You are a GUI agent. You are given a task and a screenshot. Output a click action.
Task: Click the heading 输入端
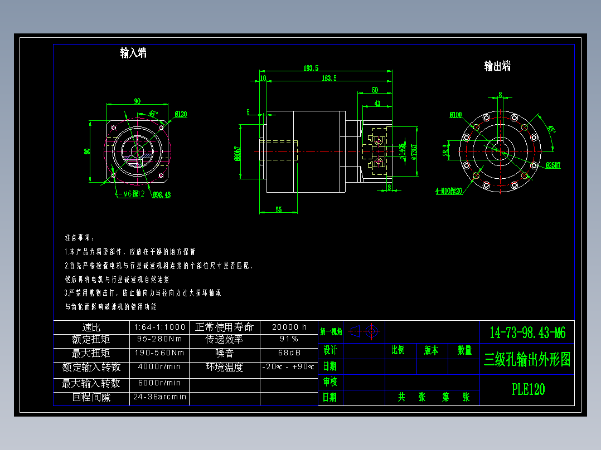(134, 53)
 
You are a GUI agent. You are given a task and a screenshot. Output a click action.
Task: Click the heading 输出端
(497, 66)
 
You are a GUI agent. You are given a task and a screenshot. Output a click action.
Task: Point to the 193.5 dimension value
(311, 68)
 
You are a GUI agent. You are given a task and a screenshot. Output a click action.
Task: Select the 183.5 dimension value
(329, 78)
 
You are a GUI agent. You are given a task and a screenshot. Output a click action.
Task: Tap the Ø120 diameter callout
(181, 114)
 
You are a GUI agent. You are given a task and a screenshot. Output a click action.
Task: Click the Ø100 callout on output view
(455, 115)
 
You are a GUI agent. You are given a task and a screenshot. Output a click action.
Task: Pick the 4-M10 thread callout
(449, 190)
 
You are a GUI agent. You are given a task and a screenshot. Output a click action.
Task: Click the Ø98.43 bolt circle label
(162, 194)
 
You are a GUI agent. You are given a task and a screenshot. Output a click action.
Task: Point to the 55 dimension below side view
(279, 209)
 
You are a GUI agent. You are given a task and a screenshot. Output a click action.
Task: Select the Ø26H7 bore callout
(553, 165)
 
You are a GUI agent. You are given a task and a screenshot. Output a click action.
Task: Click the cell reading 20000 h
(289, 327)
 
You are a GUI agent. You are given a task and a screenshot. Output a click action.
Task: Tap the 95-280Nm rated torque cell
(159, 339)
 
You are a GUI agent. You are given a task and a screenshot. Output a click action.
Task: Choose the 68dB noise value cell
(289, 353)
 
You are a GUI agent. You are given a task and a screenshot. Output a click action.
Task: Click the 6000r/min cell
(159, 383)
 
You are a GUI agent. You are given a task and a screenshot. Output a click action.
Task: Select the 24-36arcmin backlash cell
(159, 398)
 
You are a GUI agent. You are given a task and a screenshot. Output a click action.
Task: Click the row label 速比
(91, 327)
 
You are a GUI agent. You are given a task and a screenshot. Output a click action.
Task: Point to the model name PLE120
(528, 389)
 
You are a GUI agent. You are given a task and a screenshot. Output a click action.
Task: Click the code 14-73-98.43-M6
(527, 333)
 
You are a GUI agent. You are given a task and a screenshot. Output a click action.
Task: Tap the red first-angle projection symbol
(366, 331)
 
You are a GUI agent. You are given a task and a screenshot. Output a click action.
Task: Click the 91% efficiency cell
(289, 339)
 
